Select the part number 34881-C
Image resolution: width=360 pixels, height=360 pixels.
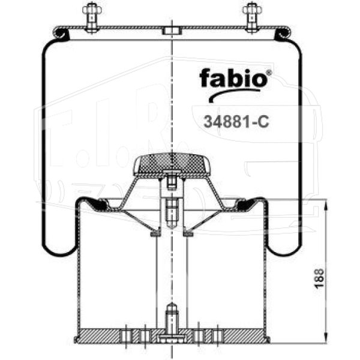[236, 121]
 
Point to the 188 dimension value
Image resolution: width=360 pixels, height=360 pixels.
[319, 278]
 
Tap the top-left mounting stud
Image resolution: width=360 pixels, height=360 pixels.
[92, 18]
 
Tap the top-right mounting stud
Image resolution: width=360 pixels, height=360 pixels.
[252, 18]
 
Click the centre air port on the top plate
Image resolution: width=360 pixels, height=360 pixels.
[172, 31]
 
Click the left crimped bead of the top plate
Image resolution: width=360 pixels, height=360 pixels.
[61, 33]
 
